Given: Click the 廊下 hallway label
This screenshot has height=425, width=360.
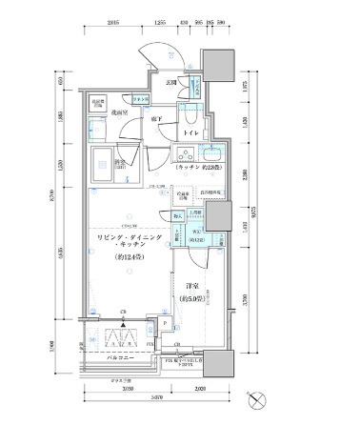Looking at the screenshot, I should pyautogui.click(x=153, y=118).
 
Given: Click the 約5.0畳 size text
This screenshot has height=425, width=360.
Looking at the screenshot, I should pyautogui.click(x=191, y=299).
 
